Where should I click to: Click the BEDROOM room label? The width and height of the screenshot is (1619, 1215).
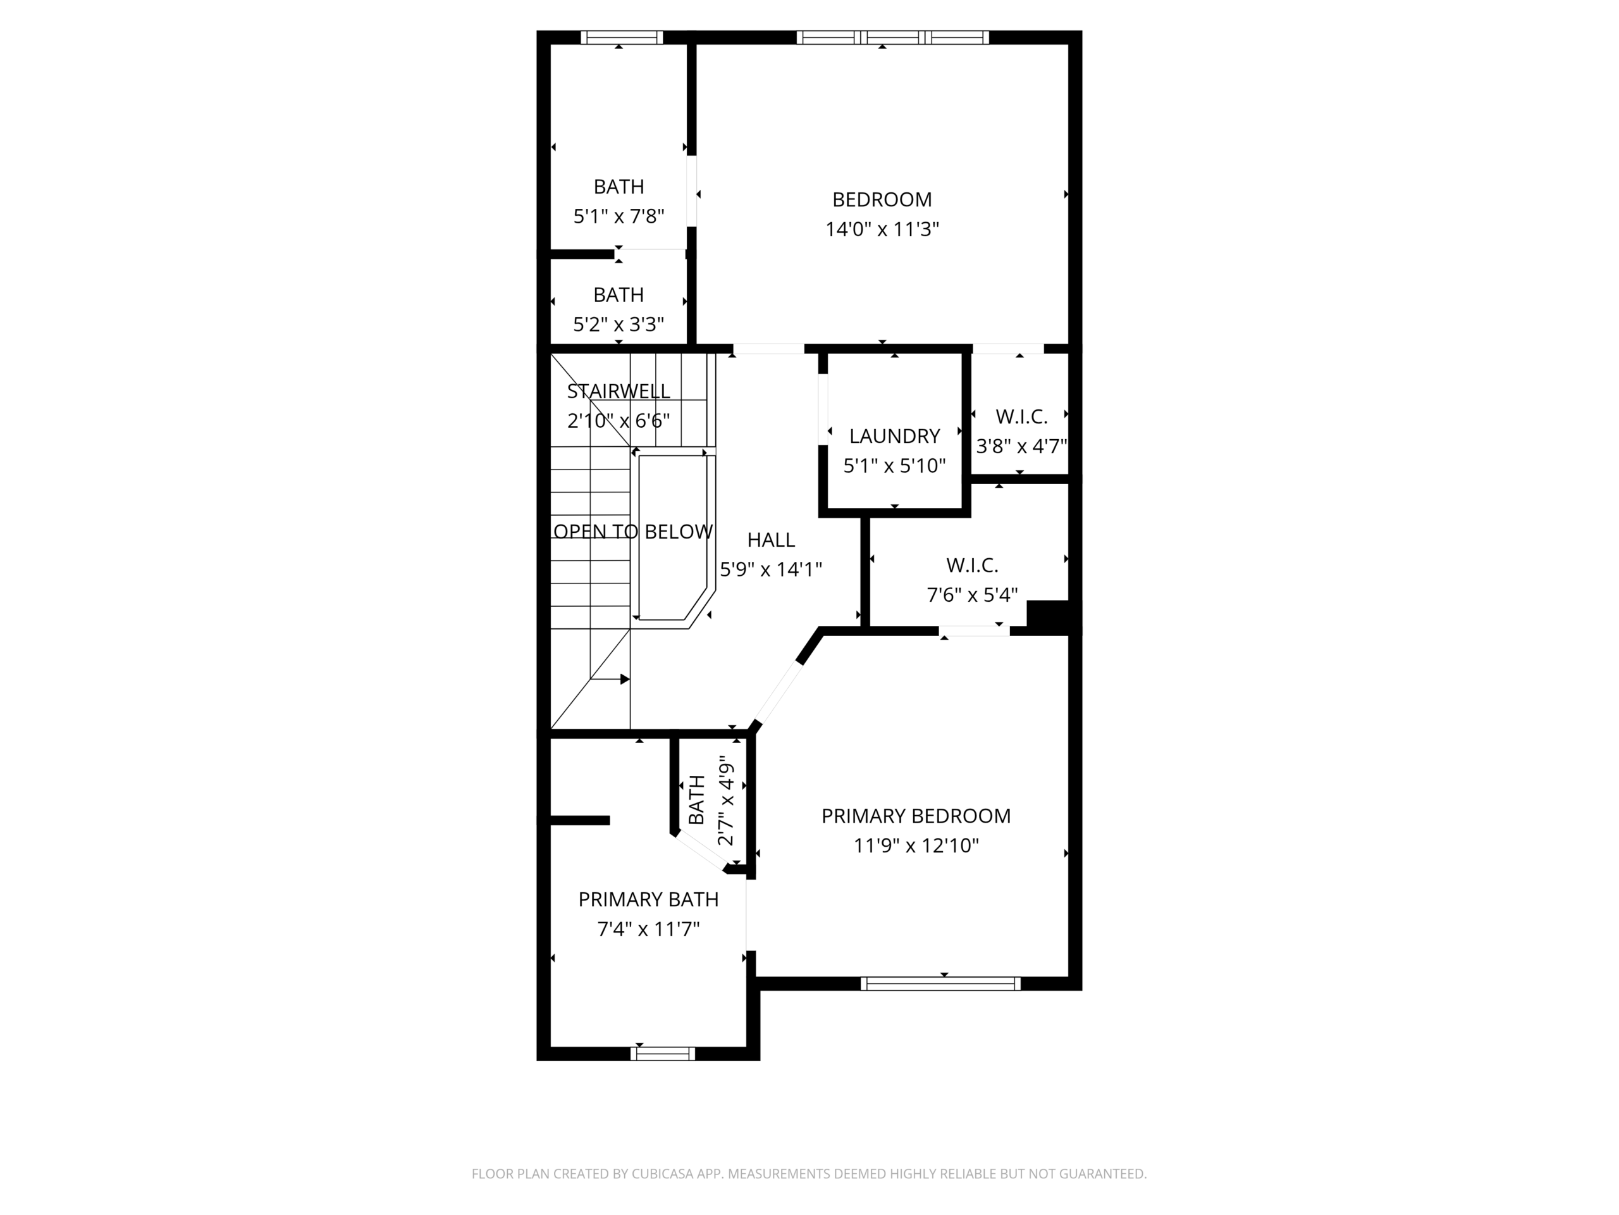pos(882,199)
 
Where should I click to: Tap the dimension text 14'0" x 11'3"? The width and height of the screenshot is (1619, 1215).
pos(882,229)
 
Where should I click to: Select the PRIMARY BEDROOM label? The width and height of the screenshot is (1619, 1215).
pos(916,816)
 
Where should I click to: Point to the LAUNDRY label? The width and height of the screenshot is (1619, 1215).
pos(894,436)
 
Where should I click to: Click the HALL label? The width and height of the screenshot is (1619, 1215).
pos(771,540)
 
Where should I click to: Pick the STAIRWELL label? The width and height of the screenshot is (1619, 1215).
pos(619,391)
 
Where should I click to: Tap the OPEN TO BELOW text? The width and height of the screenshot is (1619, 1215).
pos(633,532)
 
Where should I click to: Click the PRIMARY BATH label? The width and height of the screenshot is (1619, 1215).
pos(648,899)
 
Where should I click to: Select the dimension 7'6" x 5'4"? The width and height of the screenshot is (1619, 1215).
pos(972,595)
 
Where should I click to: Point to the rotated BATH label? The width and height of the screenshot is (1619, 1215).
pos(697,799)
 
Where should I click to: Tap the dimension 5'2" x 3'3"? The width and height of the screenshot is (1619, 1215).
pos(619,324)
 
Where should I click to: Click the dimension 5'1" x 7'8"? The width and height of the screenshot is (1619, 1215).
pos(619,216)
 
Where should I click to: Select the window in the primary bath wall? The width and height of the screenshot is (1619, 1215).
pos(662,1054)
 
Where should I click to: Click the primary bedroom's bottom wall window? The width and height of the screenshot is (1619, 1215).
pos(940,983)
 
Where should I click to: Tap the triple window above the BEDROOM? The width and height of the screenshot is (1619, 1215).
pos(893,37)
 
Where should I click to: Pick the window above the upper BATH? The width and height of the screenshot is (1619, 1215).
pos(622,37)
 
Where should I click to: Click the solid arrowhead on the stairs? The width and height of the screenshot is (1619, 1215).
pos(625,680)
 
